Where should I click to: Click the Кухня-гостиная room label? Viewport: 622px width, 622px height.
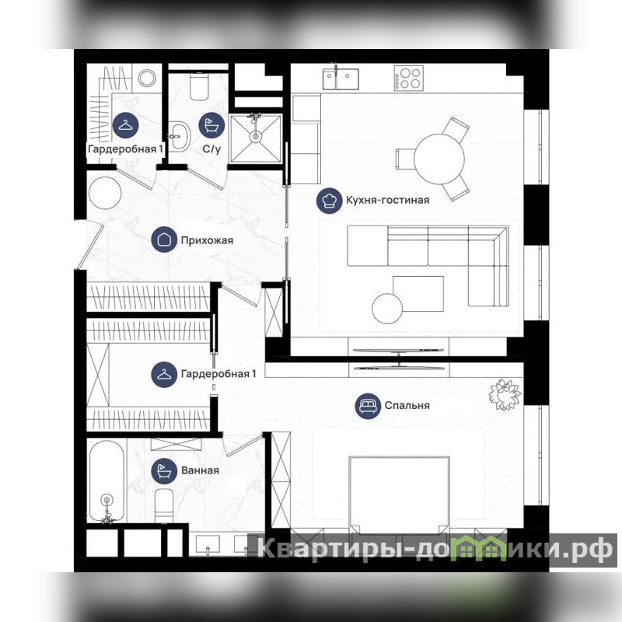point(387,200)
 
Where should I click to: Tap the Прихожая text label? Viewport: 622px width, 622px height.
point(207,240)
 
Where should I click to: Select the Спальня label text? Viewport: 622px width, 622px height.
point(407,405)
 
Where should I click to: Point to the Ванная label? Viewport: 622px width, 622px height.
point(200,470)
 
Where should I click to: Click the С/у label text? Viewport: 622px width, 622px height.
point(211,149)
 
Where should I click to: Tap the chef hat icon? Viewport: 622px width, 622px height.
point(329,201)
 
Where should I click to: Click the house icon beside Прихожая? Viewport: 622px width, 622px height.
point(164,239)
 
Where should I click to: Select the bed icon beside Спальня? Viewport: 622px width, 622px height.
point(368,406)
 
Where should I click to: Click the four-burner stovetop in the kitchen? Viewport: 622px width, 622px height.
point(409,78)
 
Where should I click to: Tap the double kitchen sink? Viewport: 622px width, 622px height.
point(341,79)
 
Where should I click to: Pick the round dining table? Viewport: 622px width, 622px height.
point(439,159)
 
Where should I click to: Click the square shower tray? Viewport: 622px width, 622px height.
point(256,138)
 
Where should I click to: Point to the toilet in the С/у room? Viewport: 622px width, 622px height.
point(199,87)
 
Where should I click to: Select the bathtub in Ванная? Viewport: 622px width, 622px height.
point(107,481)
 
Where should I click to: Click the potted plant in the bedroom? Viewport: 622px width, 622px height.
point(505,394)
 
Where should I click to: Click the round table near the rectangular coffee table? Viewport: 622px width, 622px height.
point(387,309)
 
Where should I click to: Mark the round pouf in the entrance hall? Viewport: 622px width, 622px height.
point(105,193)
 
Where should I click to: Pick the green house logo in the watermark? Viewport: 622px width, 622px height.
point(478,549)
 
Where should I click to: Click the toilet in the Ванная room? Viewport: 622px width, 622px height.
point(164,506)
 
